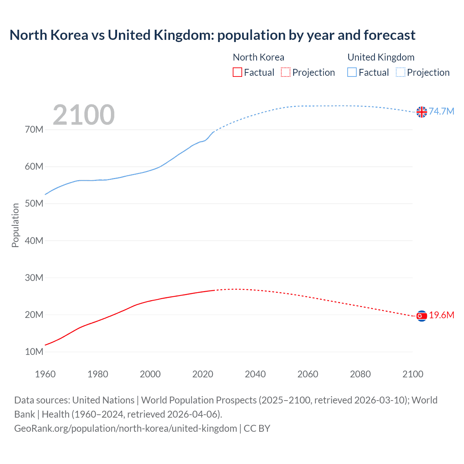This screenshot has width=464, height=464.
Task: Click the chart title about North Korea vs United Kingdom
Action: (x=212, y=35)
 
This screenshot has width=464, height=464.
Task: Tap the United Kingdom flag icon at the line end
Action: (x=422, y=112)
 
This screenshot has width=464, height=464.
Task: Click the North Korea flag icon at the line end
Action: (x=422, y=316)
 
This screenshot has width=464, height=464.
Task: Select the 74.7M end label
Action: (x=442, y=111)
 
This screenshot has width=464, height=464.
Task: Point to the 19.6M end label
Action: (x=442, y=315)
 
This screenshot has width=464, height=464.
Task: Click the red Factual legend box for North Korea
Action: (x=237, y=72)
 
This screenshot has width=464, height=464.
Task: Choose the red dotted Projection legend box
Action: (x=286, y=72)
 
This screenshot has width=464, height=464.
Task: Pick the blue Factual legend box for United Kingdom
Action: (x=352, y=72)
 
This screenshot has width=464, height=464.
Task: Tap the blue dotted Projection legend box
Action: (x=400, y=72)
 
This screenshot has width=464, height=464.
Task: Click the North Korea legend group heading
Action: (x=258, y=57)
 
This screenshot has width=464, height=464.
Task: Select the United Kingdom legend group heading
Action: (x=381, y=57)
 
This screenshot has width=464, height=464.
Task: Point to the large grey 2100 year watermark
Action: (x=84, y=115)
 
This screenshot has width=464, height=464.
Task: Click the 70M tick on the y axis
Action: (x=34, y=130)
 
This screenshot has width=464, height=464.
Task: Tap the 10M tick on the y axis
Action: (x=34, y=352)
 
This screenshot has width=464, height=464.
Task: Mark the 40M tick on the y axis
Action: (x=34, y=241)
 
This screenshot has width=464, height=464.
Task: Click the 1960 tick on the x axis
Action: (x=45, y=374)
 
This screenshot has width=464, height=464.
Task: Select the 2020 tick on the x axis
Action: (x=203, y=374)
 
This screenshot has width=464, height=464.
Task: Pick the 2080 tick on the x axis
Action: (x=360, y=374)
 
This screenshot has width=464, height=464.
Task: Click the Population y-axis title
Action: (x=15, y=225)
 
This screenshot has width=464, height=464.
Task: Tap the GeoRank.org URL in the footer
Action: (x=125, y=428)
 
